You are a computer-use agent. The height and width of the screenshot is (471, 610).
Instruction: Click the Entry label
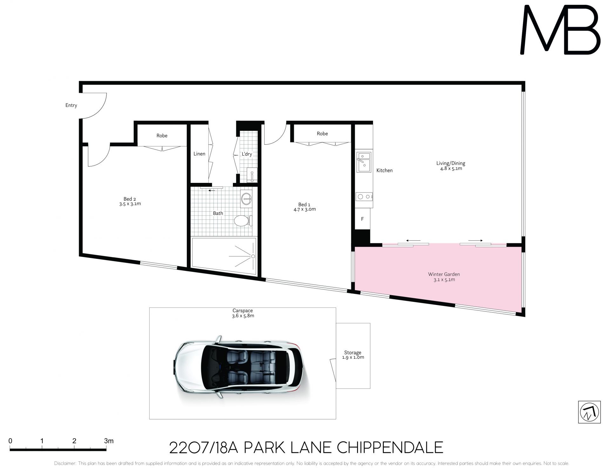coord(71,105)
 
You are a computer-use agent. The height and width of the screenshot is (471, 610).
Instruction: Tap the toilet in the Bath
coord(243,221)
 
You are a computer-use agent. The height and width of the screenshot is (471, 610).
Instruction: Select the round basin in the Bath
coord(246,199)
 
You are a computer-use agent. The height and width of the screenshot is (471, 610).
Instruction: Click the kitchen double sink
coord(364,162)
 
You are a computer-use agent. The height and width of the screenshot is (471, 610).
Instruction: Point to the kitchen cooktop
coord(364,197)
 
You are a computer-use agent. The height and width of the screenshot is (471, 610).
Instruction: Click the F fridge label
coord(362,219)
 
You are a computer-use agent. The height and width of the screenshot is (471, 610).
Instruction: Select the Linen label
coord(199,154)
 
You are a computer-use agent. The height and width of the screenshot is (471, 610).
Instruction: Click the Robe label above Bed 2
coord(162,136)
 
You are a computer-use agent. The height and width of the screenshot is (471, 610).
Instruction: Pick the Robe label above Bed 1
coord(322,134)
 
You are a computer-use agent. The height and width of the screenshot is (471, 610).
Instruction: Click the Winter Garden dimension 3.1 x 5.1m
coord(444,280)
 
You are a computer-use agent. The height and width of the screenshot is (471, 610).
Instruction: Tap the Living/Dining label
coord(451,163)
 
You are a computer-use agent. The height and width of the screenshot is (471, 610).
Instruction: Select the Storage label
coord(353,353)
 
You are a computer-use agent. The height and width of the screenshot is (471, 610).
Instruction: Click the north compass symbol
coord(589,412)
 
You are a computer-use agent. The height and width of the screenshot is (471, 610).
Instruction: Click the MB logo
coord(560,30)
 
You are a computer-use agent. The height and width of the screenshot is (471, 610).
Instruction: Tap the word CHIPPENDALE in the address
coord(390,448)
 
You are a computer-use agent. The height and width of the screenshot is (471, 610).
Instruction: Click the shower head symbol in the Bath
coord(253,256)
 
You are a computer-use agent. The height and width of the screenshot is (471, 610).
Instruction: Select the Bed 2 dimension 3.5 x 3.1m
coord(130,204)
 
